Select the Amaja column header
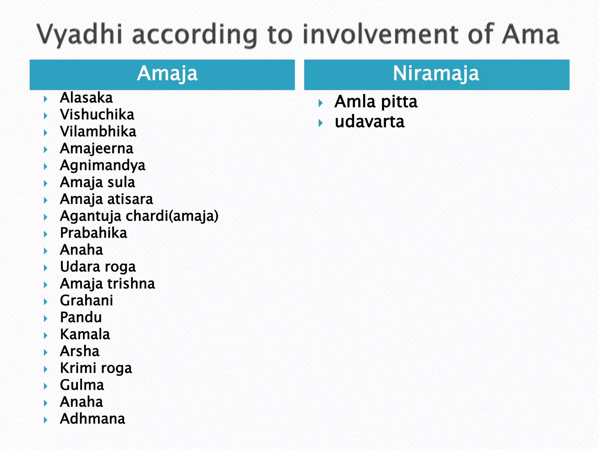point(167,73)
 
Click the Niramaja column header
point(436,73)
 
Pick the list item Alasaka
point(86,98)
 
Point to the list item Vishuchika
point(97,115)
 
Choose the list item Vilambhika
point(98,132)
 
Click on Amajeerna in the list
point(97,148)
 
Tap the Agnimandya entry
point(102,165)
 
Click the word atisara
point(130,199)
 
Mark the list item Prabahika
point(93,233)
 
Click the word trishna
point(131,284)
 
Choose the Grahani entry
point(86,301)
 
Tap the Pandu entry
point(81,317)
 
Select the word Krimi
point(78,368)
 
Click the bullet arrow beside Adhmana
point(46,420)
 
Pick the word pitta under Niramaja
point(399,102)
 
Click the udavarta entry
point(369,122)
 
